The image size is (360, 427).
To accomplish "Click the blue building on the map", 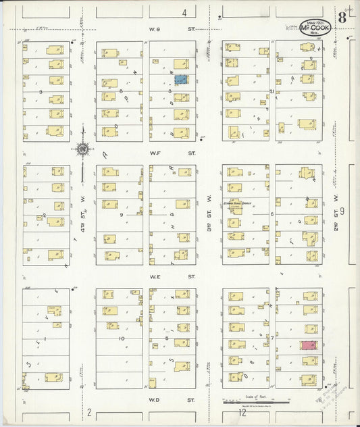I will (180, 79).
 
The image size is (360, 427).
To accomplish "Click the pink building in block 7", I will (308, 345).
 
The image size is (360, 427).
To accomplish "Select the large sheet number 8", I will (342, 18).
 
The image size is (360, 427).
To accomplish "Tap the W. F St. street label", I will (172, 153).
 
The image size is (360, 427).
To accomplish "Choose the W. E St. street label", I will (172, 276).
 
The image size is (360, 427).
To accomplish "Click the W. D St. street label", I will (172, 399).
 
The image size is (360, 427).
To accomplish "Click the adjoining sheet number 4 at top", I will (184, 13).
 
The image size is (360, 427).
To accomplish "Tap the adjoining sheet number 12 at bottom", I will (242, 411).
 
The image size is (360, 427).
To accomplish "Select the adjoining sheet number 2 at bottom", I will (88, 411).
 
